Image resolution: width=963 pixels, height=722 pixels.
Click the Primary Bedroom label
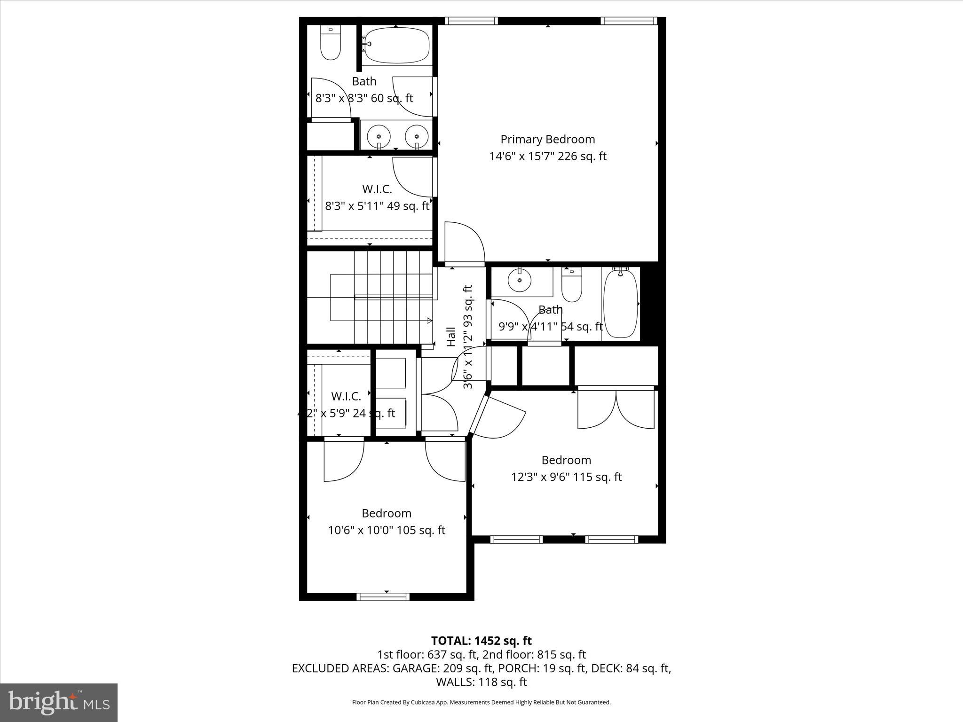(x=547, y=139)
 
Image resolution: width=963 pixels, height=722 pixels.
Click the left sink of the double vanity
(x=378, y=136)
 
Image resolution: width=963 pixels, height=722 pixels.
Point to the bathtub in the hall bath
(x=621, y=304)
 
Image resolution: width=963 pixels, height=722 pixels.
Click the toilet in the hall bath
(x=571, y=285)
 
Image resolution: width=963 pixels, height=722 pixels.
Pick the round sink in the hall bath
(x=520, y=281)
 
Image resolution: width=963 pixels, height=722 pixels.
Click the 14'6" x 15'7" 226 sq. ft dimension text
(x=547, y=156)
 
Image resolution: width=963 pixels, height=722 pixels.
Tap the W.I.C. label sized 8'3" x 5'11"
(x=377, y=189)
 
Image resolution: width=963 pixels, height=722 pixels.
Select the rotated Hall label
(x=451, y=337)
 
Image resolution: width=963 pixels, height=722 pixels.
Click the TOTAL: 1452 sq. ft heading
(x=481, y=641)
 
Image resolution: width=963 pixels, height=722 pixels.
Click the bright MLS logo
(x=59, y=703)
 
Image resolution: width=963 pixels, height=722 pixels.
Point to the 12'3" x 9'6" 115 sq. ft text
(x=566, y=477)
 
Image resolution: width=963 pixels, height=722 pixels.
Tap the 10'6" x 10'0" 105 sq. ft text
(x=386, y=530)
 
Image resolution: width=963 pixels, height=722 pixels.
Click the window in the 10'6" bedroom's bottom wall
(x=383, y=597)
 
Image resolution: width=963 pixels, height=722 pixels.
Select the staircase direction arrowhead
(x=429, y=321)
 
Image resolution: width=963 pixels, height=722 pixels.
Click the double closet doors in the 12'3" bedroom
(x=616, y=408)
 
